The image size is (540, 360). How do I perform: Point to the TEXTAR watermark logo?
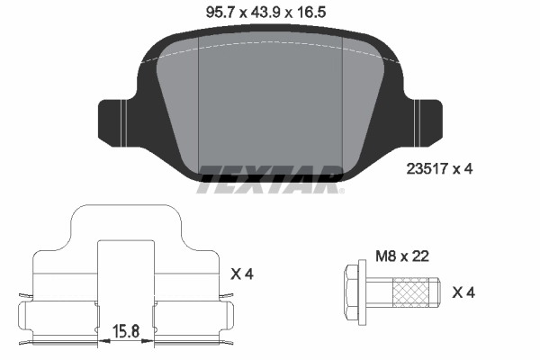[x=268, y=178]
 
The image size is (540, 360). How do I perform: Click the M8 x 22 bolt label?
[x=399, y=256]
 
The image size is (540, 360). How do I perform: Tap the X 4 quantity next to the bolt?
[x=462, y=292]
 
